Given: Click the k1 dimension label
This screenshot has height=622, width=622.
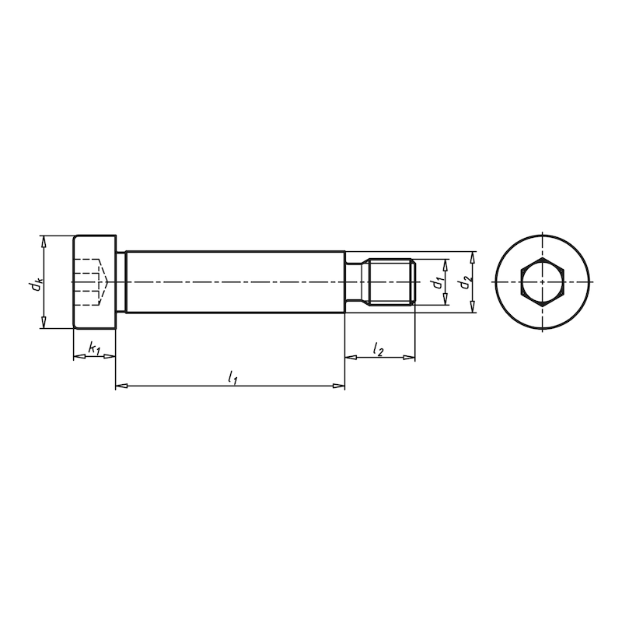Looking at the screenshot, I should pyautogui.click(x=93, y=349).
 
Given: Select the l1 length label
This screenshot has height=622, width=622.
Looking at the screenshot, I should pyautogui.click(x=232, y=378).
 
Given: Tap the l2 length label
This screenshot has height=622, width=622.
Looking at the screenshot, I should pyautogui.click(x=379, y=349).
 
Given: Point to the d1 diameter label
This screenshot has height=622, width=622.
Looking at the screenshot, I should pyautogui.click(x=439, y=283).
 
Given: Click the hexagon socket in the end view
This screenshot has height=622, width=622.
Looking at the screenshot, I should pyautogui.click(x=542, y=281).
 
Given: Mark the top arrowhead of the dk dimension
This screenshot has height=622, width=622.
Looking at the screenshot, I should pyautogui.click(x=44, y=240).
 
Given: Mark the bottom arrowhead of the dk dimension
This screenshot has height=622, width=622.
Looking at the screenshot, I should pyautogui.click(x=44, y=324).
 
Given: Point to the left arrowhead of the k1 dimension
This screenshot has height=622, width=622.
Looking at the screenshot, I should pyautogui.click(x=77, y=357).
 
